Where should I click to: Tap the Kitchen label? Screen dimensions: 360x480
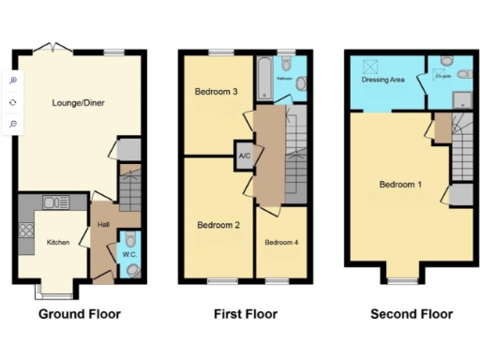[x=58, y=243]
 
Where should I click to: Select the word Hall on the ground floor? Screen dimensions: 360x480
[x=102, y=225]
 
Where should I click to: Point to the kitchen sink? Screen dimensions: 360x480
[x=52, y=201]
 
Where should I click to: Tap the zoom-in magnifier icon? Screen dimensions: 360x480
[x=13, y=81]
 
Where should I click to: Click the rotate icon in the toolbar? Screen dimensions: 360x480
[x=13, y=102]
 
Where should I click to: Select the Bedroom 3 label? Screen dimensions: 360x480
[x=215, y=92]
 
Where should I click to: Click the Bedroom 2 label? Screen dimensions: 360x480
[x=218, y=225]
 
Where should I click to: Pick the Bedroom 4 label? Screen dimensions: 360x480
[x=282, y=243]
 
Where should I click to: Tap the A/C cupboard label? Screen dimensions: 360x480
[x=245, y=156]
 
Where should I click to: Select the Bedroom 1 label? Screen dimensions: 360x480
[x=400, y=185]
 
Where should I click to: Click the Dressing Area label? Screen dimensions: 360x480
[x=382, y=81]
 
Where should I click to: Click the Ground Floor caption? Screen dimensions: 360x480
[x=79, y=314]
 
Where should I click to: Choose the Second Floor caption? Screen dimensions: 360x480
[x=411, y=314]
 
